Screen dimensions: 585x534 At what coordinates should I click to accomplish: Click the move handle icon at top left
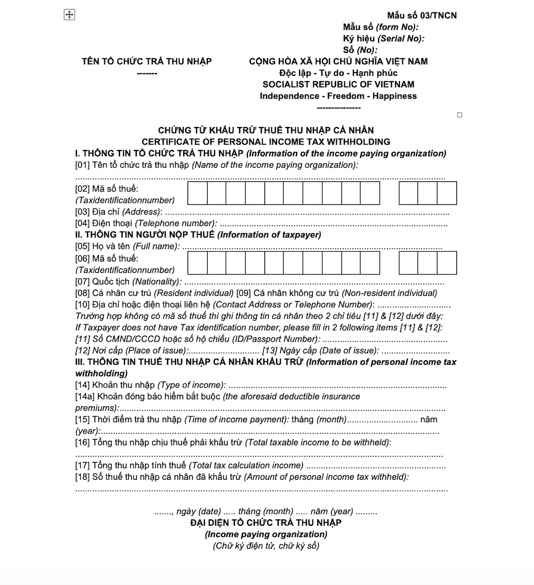pos(69,15)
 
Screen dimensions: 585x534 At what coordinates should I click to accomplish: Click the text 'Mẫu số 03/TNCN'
pos(422,15)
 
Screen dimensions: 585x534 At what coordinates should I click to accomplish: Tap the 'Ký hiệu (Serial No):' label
pos(383,38)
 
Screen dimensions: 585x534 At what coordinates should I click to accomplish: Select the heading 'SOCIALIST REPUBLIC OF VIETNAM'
pos(338,84)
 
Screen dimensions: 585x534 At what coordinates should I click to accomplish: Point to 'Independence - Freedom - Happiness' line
pos(338,96)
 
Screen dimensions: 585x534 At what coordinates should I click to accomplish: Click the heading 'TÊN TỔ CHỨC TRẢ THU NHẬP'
pos(147,61)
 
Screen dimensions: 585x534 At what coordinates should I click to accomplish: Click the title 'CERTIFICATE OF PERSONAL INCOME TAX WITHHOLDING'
pos(266,142)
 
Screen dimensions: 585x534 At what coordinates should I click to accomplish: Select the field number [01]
pos(82,165)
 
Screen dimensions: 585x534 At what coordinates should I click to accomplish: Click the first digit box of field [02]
pos(198,193)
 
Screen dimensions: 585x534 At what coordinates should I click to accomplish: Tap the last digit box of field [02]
pos(447,193)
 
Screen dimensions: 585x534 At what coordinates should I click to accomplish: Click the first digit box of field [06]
pos(198,263)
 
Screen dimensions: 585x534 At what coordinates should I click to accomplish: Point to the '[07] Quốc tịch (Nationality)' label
pos(128,281)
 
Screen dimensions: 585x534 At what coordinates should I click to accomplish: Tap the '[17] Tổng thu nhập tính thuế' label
pos(190,466)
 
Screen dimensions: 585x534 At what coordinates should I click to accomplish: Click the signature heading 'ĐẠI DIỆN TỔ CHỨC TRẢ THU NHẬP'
pos(266,523)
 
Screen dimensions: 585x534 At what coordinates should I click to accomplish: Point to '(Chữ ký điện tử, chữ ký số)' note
pos(266,546)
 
